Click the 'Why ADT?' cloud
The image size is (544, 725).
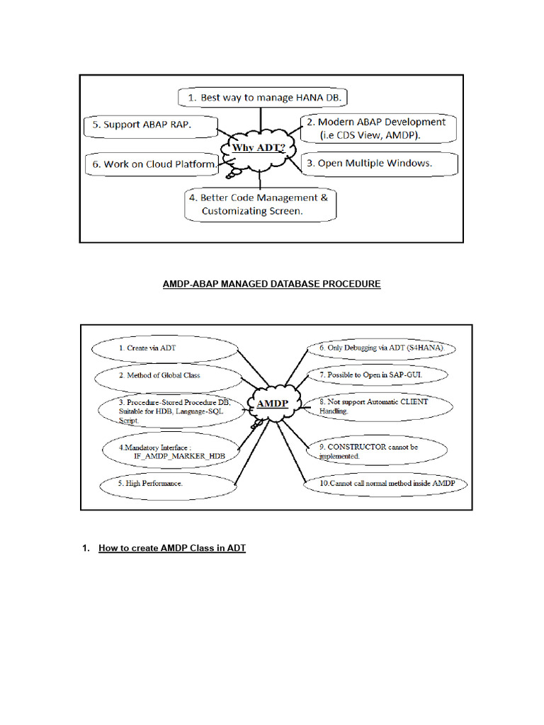tap(259, 149)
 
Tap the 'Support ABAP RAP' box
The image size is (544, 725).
tap(148, 125)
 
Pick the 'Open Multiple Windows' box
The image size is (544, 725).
tap(379, 164)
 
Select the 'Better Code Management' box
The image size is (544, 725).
tap(260, 204)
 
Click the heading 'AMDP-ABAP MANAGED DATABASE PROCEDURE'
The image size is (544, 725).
tap(272, 284)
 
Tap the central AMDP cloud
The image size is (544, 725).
tap(272, 403)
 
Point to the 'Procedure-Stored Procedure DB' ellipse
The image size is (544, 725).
tap(170, 411)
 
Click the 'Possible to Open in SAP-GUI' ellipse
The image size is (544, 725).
tap(377, 375)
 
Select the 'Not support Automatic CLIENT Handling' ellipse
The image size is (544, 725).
tap(377, 406)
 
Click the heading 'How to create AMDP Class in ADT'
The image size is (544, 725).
tap(171, 548)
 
